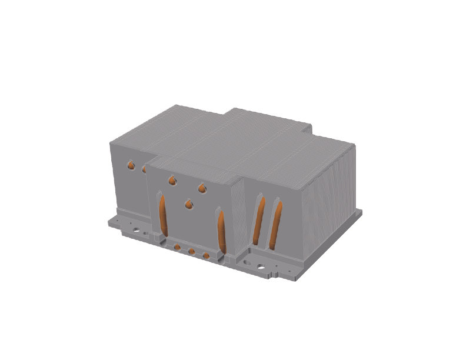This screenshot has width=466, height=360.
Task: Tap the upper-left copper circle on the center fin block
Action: coord(172,181)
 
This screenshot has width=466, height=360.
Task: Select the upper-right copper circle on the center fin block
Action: coord(202,188)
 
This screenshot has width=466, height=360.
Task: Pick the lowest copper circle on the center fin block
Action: coord(188,204)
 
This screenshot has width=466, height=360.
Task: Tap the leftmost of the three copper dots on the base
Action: coord(177,246)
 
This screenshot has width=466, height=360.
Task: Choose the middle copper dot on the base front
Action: coord(191,252)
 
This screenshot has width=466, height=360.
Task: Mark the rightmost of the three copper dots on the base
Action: coord(205,256)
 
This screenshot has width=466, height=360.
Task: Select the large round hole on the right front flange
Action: coord(261,266)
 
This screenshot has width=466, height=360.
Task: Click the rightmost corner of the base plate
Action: coord(361,212)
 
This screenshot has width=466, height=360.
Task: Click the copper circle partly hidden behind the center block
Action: coord(144,169)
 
